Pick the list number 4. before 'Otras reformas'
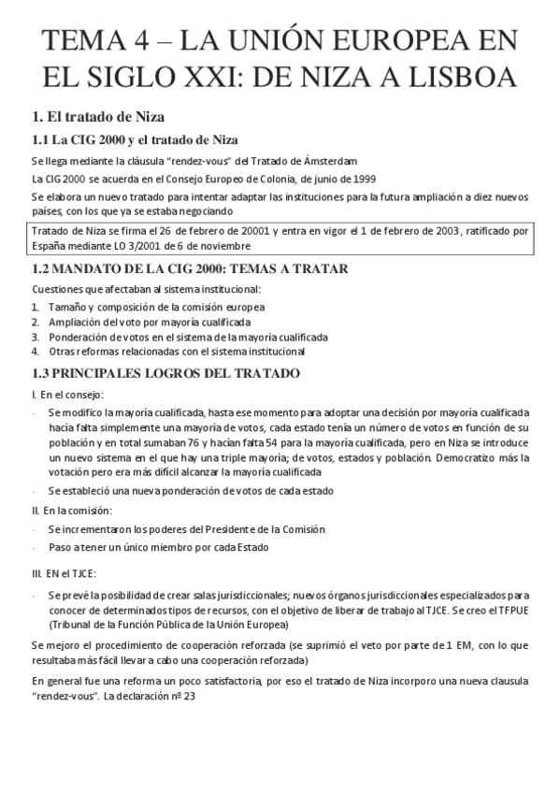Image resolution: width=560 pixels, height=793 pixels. coord(36,352)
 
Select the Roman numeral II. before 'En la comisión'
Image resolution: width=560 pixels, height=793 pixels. coord(36,511)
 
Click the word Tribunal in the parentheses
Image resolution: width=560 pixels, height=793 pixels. coord(75,624)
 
